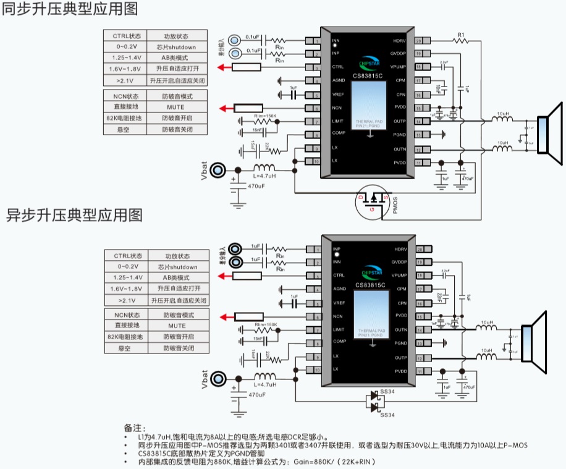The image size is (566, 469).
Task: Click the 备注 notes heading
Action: click(x=134, y=428)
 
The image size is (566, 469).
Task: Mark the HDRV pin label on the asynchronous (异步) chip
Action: click(x=399, y=249)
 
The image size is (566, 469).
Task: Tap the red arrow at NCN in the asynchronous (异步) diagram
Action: click(x=227, y=318)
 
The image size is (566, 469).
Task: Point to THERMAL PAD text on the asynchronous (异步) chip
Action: click(x=370, y=331)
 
